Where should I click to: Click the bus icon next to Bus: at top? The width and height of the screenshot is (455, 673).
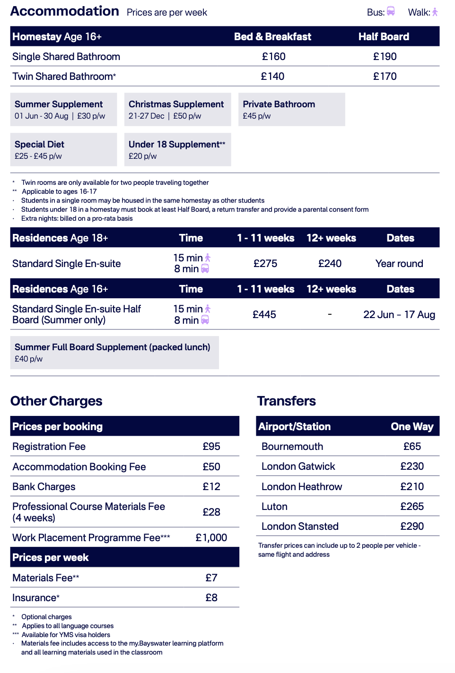tap(391, 11)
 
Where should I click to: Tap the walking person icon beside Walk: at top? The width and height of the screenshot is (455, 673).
tap(435, 12)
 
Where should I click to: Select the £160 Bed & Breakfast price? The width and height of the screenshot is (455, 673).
tap(274, 57)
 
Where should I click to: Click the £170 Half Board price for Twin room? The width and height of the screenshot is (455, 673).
tap(385, 77)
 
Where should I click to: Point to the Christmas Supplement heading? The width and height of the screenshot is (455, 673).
tap(176, 104)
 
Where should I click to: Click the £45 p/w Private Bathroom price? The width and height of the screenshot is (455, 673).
tap(257, 116)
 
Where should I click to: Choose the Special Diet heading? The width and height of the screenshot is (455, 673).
tap(39, 145)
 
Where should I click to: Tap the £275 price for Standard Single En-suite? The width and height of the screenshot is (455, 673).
tap(265, 264)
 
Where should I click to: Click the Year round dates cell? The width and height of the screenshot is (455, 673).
tap(399, 264)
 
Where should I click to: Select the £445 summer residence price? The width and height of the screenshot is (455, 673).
tap(264, 315)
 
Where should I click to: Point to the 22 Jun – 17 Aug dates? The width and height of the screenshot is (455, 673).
tap(399, 315)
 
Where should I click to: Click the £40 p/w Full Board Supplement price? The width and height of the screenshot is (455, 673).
tap(28, 359)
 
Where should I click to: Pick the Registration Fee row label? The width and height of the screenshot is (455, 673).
tap(49, 447)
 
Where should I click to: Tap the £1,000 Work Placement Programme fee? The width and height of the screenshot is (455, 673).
tap(211, 538)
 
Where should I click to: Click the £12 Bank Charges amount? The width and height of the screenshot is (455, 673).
tap(211, 487)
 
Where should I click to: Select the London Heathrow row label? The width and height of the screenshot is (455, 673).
tap(302, 487)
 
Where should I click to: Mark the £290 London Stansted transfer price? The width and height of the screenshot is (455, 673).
tap(412, 526)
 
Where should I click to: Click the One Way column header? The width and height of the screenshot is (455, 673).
tap(412, 427)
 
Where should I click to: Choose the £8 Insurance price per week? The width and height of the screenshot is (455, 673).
tap(211, 598)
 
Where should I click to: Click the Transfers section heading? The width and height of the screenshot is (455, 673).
tap(287, 401)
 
